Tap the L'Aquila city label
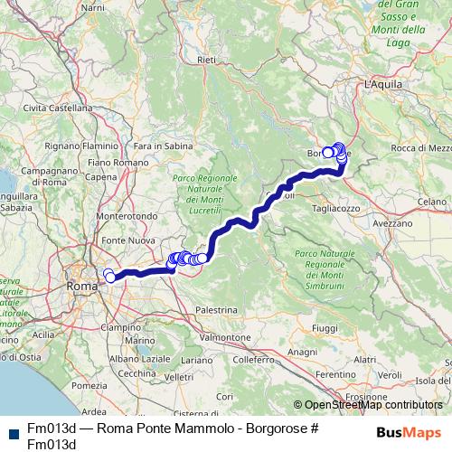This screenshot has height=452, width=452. coord(382,84)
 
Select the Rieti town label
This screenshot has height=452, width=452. coord(207,60)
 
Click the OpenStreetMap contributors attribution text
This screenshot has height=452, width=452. coord(372,406)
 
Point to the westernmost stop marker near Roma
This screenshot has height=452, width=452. coord(108,274)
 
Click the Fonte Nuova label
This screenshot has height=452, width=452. coord(126,241)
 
